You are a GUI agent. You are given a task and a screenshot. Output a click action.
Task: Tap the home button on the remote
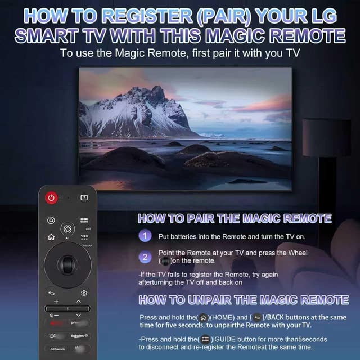point(51,237)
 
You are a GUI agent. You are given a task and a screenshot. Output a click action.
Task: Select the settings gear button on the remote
point(84,293)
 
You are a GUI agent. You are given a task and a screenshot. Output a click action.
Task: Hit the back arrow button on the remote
point(51,293)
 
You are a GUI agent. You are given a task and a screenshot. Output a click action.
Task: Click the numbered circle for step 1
point(145,236)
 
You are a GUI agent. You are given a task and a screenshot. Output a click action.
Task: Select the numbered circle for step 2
point(145,257)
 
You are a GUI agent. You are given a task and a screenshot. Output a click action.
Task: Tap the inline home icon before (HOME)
point(203,318)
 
